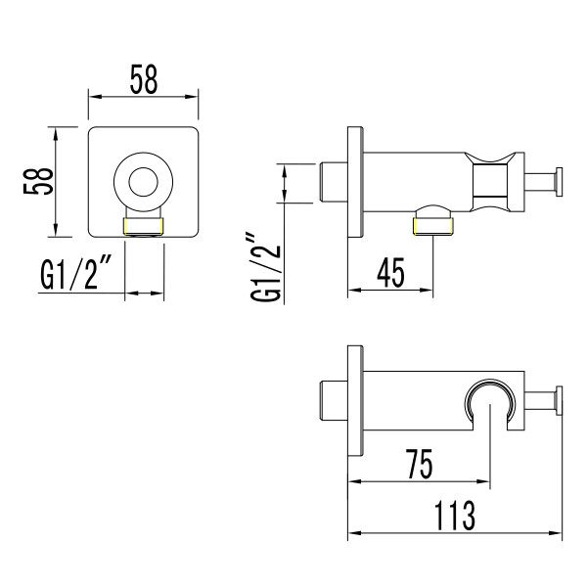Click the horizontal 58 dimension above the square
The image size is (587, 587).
(x=144, y=80)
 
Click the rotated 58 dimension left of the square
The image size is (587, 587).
(x=40, y=182)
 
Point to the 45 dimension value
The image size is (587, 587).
(x=390, y=271)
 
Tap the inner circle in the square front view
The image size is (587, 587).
(x=144, y=182)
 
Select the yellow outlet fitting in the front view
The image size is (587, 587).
(x=144, y=227)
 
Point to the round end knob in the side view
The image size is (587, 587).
(x=558, y=182)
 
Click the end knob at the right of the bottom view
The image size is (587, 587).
(x=558, y=401)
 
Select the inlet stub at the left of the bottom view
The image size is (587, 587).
(x=334, y=401)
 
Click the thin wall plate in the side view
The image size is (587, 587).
(x=354, y=182)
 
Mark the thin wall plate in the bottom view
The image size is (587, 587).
(x=354, y=401)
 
